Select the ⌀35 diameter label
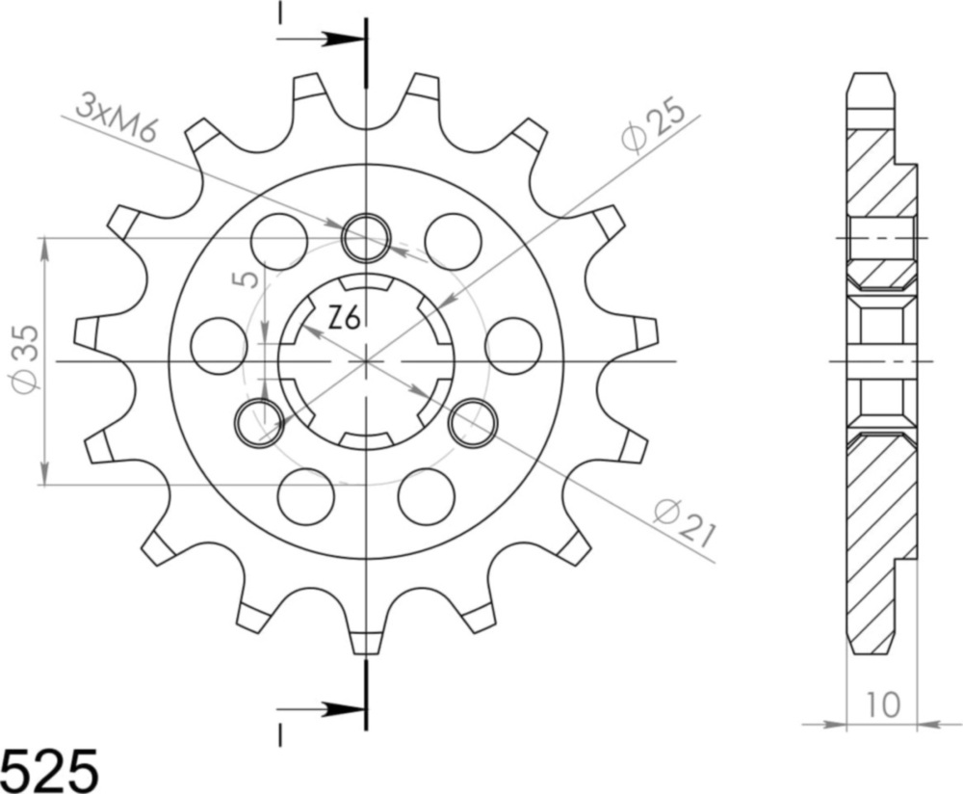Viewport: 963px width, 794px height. click(x=27, y=358)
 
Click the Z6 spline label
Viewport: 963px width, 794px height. click(x=343, y=318)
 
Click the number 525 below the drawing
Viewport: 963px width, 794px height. click(x=50, y=770)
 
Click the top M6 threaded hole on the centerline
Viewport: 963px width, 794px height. click(x=366, y=235)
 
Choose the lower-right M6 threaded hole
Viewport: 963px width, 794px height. click(x=473, y=421)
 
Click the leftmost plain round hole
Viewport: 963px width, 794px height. click(x=219, y=346)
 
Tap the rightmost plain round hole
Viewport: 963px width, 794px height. click(x=513, y=346)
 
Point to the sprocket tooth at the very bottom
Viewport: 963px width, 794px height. click(x=366, y=640)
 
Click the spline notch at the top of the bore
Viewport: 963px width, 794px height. click(x=366, y=283)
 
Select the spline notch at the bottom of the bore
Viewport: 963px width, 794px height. click(x=366, y=440)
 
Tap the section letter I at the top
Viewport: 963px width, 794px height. click(x=280, y=13)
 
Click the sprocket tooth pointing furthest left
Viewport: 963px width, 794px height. click(x=87, y=332)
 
